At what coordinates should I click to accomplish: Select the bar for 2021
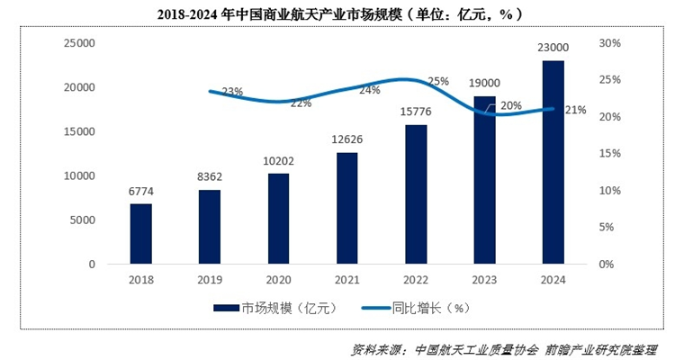(347, 208)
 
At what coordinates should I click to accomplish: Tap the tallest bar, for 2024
(553, 162)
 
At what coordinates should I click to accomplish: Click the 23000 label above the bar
(553, 47)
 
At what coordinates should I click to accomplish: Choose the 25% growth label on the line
(438, 82)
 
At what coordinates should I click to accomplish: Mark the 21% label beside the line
(576, 110)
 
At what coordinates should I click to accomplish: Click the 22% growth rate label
(301, 103)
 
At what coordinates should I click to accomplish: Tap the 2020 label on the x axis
(279, 280)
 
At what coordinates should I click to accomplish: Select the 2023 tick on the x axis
(485, 280)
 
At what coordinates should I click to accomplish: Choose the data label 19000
(485, 82)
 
